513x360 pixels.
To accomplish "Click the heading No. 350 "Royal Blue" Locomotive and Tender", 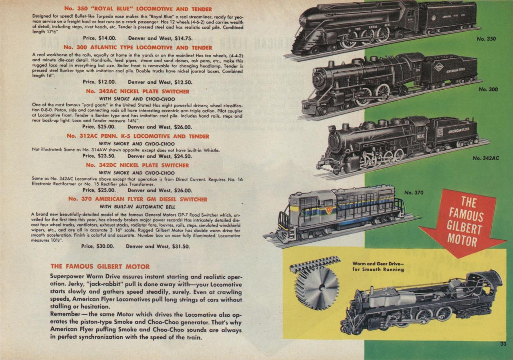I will [137, 9].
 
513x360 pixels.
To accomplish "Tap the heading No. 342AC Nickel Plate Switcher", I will [137, 91].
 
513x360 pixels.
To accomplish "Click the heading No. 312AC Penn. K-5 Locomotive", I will [137, 136].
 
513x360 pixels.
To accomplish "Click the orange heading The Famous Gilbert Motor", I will [100, 266].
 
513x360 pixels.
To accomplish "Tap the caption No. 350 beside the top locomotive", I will [486, 39].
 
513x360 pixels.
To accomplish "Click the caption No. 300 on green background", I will [488, 89].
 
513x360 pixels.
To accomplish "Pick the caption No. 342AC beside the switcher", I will [485, 158].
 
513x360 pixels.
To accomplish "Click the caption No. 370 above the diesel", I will [414, 193].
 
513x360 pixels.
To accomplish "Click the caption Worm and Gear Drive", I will [378, 266].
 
